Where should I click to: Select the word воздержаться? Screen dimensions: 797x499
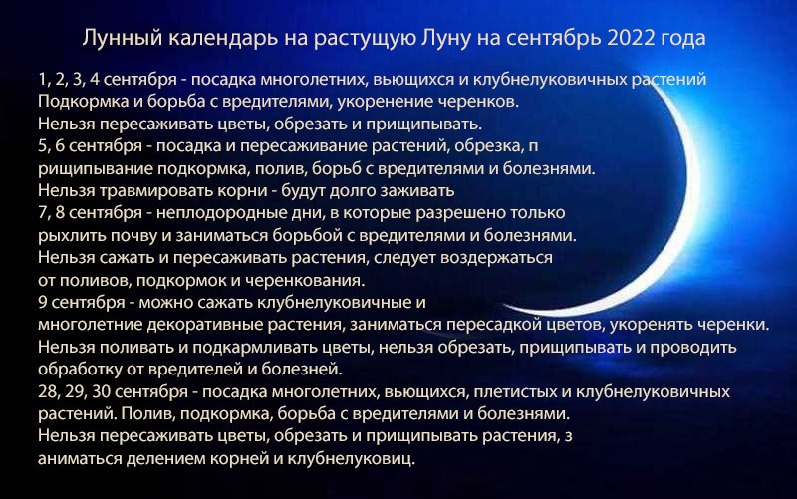(x=496, y=258)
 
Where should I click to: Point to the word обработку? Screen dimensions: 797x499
(x=80, y=369)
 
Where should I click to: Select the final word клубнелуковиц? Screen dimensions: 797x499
(x=352, y=458)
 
